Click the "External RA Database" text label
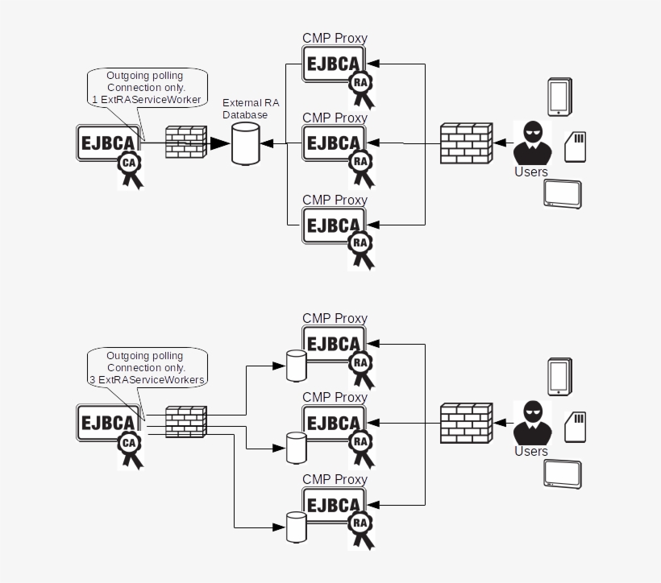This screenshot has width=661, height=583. [x=250, y=109]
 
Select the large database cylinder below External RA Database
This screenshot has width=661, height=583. [x=247, y=145]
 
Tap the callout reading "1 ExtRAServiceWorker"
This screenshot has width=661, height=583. [x=145, y=87]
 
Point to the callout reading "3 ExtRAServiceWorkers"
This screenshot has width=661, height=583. [x=145, y=367]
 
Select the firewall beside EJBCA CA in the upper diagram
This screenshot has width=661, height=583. [x=186, y=143]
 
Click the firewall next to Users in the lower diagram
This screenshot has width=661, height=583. [x=466, y=423]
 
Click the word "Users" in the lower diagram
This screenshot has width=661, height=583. [x=531, y=452]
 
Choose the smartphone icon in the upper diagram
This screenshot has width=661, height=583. [x=559, y=97]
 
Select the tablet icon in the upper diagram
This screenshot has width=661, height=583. [x=563, y=194]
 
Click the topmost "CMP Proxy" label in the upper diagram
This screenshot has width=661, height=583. [x=335, y=38]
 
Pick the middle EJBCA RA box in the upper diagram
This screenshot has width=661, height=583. [x=334, y=143]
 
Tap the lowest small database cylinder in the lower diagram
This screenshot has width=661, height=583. [x=297, y=528]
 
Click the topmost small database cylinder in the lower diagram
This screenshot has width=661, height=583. [x=297, y=366]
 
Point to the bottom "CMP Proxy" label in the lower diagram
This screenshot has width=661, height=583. [x=335, y=479]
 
